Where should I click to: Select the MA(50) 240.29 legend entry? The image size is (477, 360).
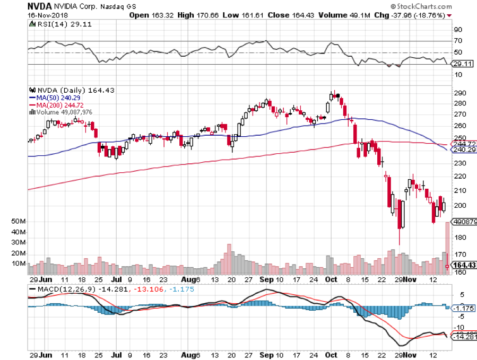51,98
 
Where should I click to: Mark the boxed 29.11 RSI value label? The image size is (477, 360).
461,64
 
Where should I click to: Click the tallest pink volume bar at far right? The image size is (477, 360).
447,247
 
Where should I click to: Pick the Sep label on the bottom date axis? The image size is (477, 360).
267,278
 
